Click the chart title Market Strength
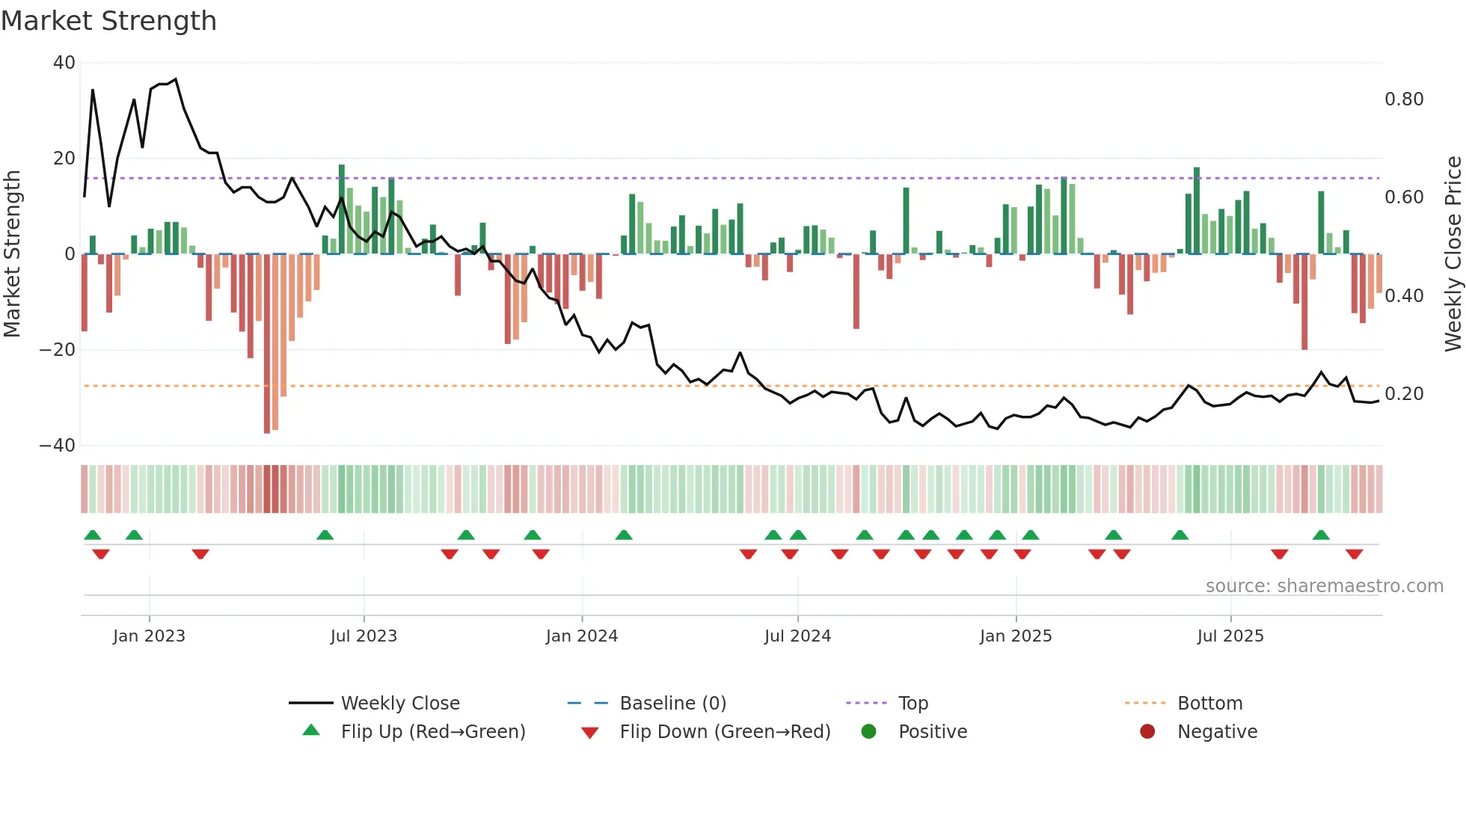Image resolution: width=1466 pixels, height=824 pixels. click(x=108, y=21)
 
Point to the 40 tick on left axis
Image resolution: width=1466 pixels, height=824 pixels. click(x=64, y=63)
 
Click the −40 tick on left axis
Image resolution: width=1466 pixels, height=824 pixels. click(x=58, y=446)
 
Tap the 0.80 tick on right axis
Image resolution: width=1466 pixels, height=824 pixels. click(x=1404, y=99)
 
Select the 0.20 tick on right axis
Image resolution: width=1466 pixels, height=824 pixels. click(x=1404, y=394)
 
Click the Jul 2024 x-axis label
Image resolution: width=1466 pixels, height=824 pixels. click(x=797, y=636)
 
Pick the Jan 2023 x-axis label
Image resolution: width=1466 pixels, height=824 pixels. click(x=149, y=636)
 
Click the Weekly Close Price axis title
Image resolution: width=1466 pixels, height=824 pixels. click(x=1453, y=254)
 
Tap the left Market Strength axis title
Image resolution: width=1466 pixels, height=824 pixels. click(x=12, y=254)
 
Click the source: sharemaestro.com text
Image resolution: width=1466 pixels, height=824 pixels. click(x=1324, y=586)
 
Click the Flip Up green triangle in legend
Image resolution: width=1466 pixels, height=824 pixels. click(x=311, y=731)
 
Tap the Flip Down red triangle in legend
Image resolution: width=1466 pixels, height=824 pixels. click(x=589, y=733)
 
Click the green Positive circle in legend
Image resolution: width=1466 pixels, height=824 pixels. click(x=868, y=731)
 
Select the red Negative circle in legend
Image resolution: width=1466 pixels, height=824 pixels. click(x=1147, y=731)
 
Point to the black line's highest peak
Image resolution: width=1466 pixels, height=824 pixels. click(x=176, y=79)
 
